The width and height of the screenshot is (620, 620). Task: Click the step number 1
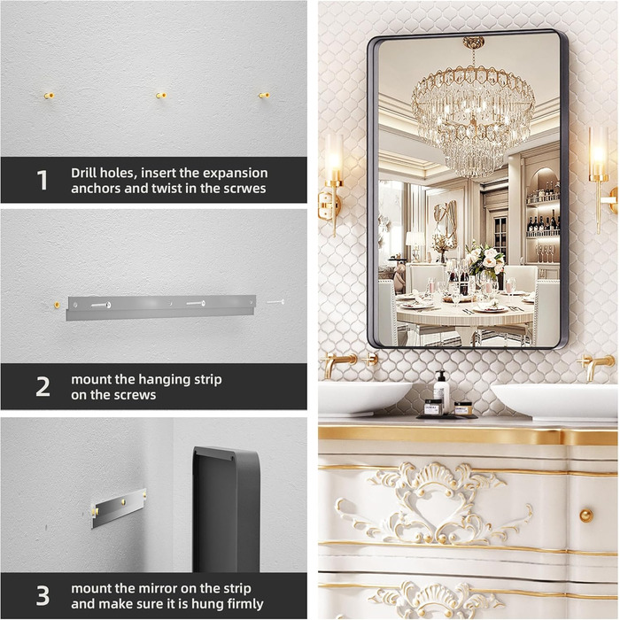click(43, 180)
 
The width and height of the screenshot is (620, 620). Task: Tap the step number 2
click(43, 387)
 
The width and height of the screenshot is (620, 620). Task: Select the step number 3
click(43, 595)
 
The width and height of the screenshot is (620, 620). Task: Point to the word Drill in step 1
click(84, 173)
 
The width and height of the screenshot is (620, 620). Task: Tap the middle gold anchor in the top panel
click(161, 96)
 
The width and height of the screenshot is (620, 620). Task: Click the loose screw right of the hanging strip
click(275, 302)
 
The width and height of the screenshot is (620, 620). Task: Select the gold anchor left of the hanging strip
click(57, 305)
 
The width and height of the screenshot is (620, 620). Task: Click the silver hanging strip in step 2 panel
click(161, 307)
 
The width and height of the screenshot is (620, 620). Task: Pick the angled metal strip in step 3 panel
click(119, 508)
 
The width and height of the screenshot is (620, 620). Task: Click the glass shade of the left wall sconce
click(334, 157)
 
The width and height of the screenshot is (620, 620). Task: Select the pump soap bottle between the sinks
click(441, 391)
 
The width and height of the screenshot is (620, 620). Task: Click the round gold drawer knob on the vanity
click(586, 515)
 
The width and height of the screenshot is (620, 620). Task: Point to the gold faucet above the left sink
click(339, 364)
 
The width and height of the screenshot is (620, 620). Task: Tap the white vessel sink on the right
click(554, 400)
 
